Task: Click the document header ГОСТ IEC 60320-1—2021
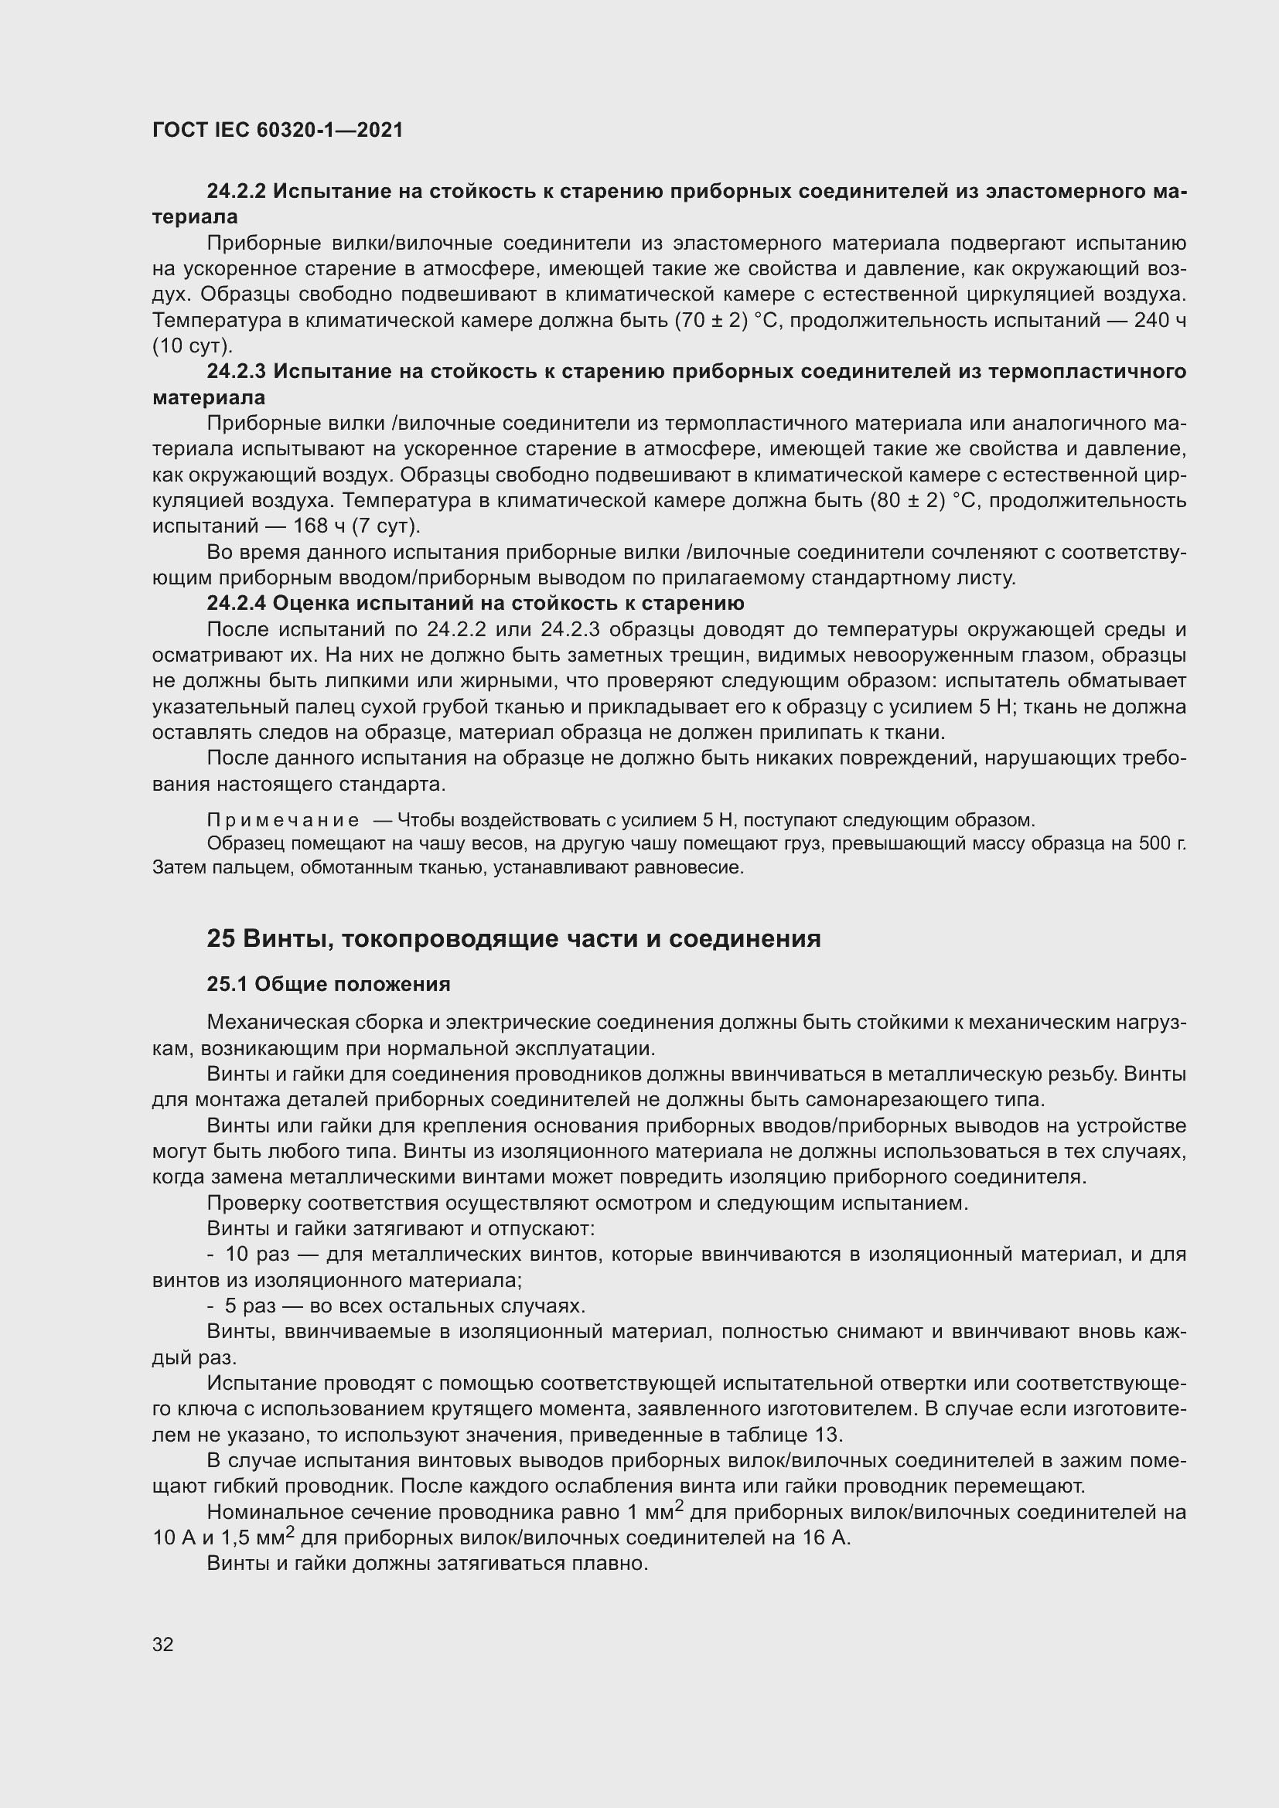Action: [x=278, y=131]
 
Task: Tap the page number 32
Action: [x=163, y=1644]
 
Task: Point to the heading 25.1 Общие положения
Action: [x=329, y=984]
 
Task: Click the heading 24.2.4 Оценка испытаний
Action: [x=475, y=603]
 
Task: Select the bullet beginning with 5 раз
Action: [x=251, y=1306]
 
